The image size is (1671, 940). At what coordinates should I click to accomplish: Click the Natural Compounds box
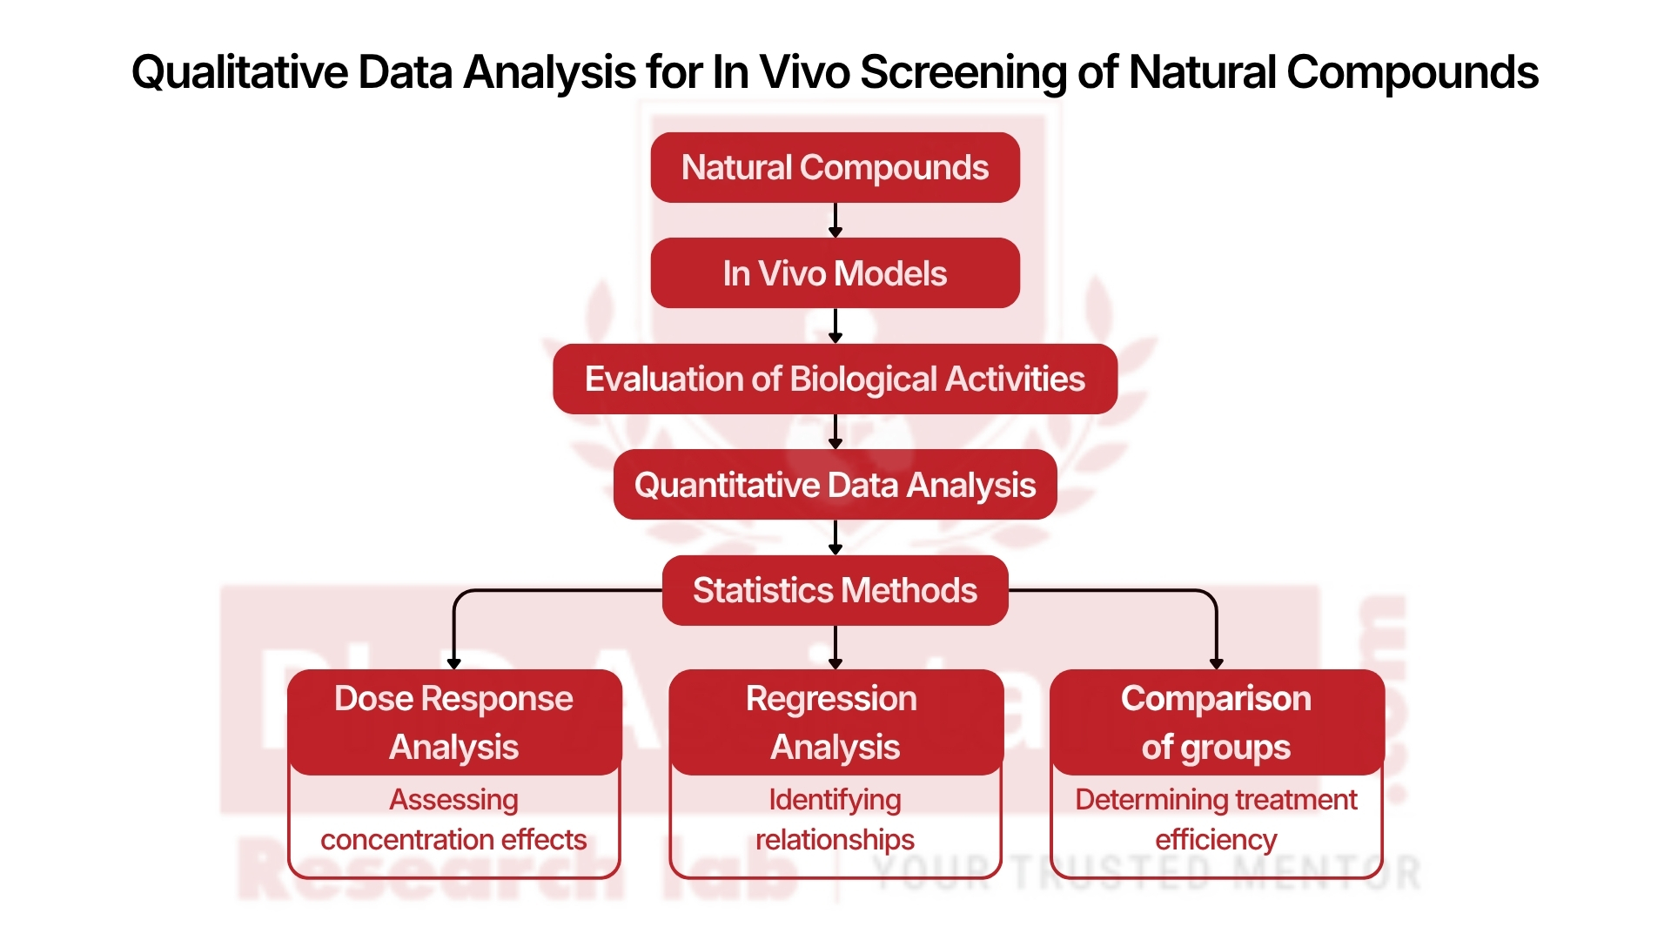(835, 168)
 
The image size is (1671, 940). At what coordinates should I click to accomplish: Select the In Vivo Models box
(835, 273)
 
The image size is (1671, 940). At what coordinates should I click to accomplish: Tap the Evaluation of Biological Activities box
(835, 379)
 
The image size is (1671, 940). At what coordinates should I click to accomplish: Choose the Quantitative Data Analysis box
(835, 485)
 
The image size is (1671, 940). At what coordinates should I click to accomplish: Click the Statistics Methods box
(835, 590)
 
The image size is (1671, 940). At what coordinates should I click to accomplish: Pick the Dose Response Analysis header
(453, 722)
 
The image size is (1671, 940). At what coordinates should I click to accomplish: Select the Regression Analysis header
(835, 722)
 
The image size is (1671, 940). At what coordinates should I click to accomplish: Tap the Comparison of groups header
(1216, 722)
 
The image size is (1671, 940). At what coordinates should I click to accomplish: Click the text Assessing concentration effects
(453, 820)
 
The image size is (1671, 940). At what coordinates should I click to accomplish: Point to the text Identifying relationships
(835, 820)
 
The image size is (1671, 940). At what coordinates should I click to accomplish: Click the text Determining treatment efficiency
(1216, 820)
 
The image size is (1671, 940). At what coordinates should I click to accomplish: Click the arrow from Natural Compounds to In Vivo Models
(835, 220)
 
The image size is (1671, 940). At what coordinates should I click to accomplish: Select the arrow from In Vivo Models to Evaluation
(835, 326)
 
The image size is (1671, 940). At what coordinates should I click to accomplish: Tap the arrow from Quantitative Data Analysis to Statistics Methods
(835, 537)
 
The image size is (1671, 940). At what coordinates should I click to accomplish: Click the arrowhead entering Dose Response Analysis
(453, 663)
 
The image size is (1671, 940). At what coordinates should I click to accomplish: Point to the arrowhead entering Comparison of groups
(1216, 663)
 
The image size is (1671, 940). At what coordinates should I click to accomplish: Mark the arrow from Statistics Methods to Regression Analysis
(835, 647)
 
